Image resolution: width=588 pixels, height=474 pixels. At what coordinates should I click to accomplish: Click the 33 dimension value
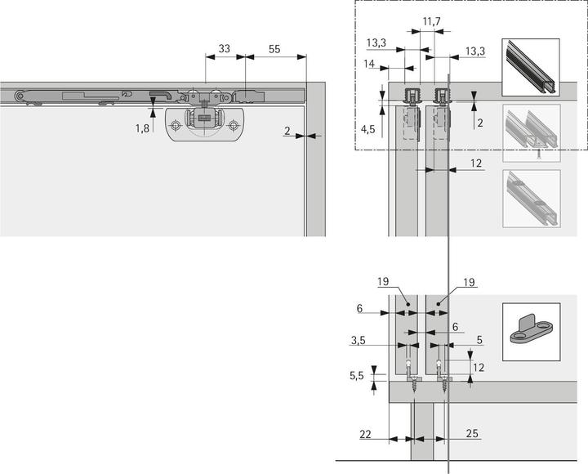click(x=221, y=50)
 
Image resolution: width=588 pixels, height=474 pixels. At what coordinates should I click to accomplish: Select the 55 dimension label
click(x=276, y=50)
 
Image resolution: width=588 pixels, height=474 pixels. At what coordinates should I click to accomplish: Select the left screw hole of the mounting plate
click(x=176, y=126)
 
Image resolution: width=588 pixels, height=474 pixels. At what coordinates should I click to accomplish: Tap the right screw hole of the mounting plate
click(x=234, y=126)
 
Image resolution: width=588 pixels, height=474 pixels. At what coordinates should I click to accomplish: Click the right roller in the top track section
click(x=441, y=96)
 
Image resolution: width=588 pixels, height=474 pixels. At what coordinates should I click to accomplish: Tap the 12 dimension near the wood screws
click(x=479, y=367)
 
